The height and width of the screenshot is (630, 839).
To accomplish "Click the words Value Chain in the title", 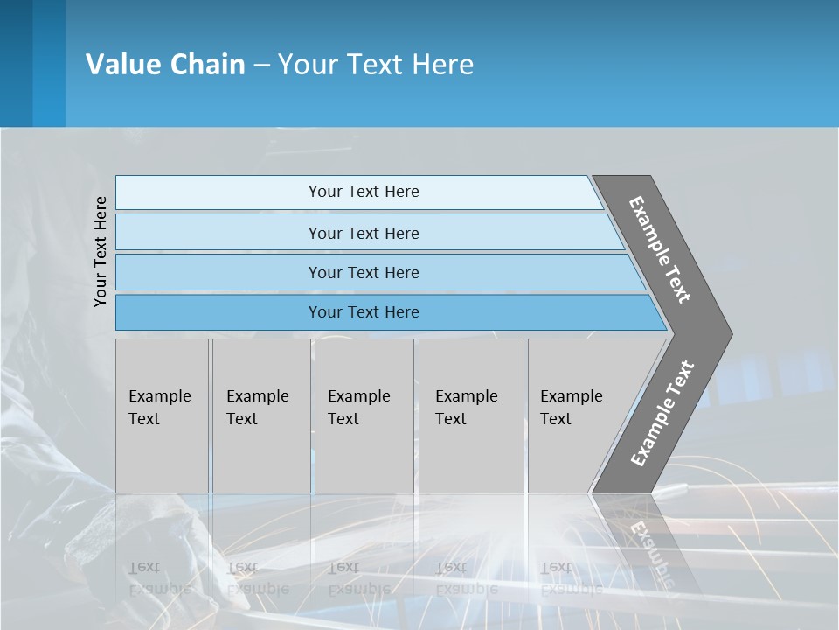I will (165, 65).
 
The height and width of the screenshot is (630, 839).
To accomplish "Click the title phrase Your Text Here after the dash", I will (376, 65).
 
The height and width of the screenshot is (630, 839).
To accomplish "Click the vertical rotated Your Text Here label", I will (101, 251).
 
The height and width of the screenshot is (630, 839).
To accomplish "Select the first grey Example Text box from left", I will (162, 415).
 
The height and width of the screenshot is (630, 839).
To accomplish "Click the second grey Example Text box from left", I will (261, 415).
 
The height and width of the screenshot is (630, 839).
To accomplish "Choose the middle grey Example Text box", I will (364, 415).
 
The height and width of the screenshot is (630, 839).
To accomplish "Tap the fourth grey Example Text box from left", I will (470, 415).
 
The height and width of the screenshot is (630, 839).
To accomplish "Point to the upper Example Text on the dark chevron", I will (660, 249).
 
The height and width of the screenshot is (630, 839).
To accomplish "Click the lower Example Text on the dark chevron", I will (662, 414).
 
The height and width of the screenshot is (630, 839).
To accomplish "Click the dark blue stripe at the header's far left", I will (16, 63).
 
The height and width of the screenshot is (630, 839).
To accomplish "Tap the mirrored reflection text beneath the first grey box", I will (159, 578).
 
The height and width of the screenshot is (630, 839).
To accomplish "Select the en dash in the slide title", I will (261, 66).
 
